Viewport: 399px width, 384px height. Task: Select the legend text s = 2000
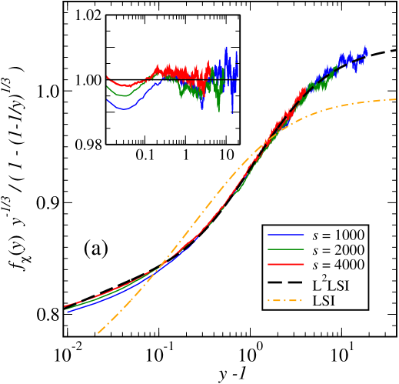point(338,251)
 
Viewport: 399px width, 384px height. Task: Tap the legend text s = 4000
point(338,265)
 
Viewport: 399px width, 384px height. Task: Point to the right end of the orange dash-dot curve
point(395,99)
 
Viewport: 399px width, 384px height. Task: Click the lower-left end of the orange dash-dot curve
point(95,336)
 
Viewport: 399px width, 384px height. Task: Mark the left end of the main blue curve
point(68,312)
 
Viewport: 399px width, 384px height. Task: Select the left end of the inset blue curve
point(107,99)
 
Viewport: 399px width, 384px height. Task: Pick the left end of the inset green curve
point(107,87)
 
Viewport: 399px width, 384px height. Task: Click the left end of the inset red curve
point(107,76)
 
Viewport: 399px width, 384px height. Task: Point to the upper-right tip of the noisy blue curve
point(366,48)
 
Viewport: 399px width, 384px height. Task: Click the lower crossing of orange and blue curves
point(158,270)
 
